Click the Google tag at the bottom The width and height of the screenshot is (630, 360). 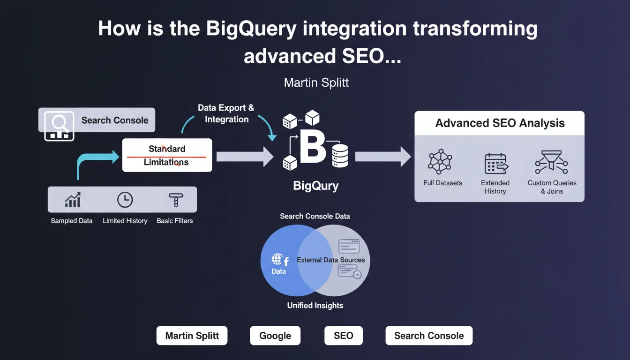coord(275,336)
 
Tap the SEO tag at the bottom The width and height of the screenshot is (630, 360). coord(343,336)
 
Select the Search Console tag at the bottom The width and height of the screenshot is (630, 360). coord(429,336)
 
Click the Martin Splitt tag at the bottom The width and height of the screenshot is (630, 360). coord(192,336)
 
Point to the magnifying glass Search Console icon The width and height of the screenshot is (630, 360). coord(59,126)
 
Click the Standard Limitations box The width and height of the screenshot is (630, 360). coord(167,155)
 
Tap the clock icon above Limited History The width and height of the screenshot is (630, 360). coord(125,200)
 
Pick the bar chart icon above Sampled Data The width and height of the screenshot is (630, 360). coord(73,200)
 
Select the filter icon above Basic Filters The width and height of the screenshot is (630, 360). coord(175,200)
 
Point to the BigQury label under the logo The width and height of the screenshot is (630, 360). coord(315,186)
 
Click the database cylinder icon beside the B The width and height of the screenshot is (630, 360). coord(340,156)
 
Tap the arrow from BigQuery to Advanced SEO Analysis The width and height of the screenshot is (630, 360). coord(382,156)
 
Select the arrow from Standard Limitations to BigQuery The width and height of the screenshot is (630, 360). coord(244,156)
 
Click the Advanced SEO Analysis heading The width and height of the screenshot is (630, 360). coord(500,123)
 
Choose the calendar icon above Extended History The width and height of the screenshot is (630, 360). coord(495,164)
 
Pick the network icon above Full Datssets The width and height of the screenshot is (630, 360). coord(440,162)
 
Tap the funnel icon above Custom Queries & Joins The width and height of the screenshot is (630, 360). coord(551,162)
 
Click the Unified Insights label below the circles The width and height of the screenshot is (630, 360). coord(315,306)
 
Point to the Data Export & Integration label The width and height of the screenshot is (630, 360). coord(226,113)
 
